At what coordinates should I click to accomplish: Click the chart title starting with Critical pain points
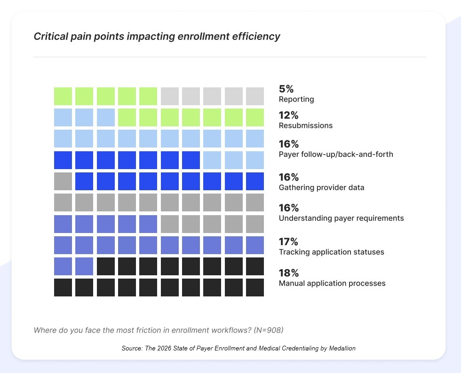(157, 36)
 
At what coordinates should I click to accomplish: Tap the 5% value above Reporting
(286, 89)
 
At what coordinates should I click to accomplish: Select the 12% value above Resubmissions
(288, 115)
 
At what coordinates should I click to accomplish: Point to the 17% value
(288, 241)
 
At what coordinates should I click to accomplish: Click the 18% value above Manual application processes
(289, 273)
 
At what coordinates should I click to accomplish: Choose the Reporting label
(296, 99)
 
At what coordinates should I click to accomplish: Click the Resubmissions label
(305, 125)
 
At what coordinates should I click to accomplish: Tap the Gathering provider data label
(321, 187)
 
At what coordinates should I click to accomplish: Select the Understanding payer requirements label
(341, 218)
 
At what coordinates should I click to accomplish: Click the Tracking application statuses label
(331, 252)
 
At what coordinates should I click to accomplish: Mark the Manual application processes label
(332, 283)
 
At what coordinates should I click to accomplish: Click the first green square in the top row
(63, 96)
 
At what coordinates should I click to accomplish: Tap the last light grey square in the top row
(255, 96)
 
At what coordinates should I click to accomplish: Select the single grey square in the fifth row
(63, 181)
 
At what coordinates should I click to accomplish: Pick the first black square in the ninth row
(106, 266)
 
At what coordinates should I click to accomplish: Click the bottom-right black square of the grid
(255, 288)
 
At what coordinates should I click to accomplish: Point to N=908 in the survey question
(268, 330)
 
